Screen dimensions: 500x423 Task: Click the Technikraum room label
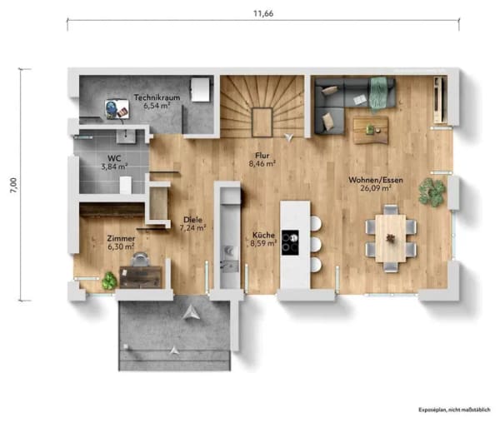pos(157,97)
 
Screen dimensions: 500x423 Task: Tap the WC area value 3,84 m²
pos(114,167)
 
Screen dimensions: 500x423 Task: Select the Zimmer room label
pos(121,238)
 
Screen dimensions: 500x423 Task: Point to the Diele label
pos(192,220)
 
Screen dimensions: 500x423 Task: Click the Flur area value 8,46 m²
pos(262,164)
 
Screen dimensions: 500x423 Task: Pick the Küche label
pos(263,235)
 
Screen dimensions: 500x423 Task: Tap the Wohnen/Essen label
pos(376,180)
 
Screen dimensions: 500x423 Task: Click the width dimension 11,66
pos(263,13)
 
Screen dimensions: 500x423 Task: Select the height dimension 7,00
pos(13,185)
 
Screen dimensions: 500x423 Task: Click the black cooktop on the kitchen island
pos(290,242)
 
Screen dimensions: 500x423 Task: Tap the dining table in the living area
pos(391,238)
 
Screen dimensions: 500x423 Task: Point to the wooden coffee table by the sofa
pos(371,130)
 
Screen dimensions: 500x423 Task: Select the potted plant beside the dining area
pos(432,192)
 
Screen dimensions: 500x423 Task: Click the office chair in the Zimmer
pos(141,259)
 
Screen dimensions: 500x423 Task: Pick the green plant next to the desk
pos(109,281)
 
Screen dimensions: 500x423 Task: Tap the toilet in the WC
pos(125,185)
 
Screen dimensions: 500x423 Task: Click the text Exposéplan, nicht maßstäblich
pos(454,410)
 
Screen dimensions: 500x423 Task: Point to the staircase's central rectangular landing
pos(262,122)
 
